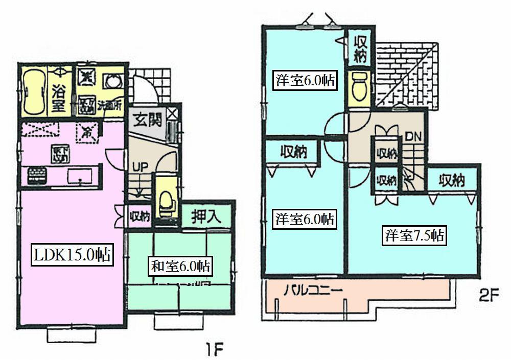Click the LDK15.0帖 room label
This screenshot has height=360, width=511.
click(72, 255)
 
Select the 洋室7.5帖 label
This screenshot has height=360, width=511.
click(414, 236)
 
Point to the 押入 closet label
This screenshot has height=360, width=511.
click(206, 217)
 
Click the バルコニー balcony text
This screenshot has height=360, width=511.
click(313, 293)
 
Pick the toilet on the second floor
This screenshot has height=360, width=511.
click(360, 86)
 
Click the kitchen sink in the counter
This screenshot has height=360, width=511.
click(80, 177)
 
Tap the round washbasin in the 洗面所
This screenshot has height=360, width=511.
click(113, 82)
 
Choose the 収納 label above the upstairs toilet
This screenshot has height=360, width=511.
click(361, 49)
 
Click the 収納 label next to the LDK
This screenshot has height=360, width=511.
click(138, 216)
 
